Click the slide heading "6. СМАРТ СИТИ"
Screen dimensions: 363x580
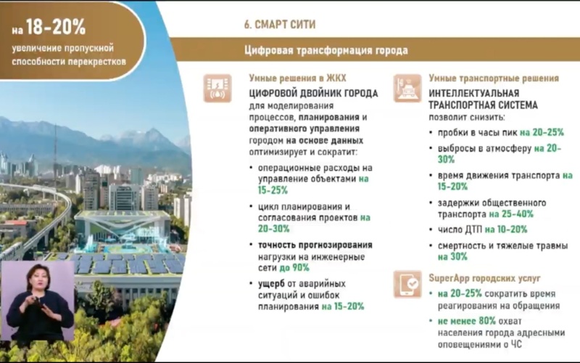pos(280,24)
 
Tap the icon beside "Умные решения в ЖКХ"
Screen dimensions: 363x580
pos(217,87)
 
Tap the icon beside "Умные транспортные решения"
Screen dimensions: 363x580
pos(407,87)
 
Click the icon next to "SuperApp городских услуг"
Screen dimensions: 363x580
pos(407,284)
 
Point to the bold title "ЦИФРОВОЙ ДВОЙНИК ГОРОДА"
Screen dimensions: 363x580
pos(312,94)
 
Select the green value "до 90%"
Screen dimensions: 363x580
pos(294,268)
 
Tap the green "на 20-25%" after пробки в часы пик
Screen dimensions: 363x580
pos(537,133)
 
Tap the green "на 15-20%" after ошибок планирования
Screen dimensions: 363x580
pos(344,307)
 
